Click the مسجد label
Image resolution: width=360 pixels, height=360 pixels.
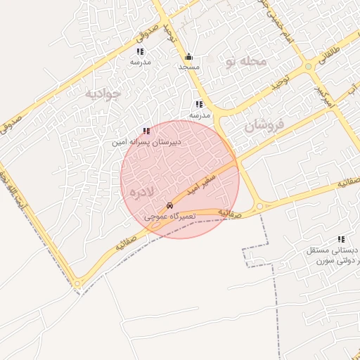point(188,67)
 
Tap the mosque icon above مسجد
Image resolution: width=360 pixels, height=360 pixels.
point(188,57)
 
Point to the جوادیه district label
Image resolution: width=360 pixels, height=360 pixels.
point(103,93)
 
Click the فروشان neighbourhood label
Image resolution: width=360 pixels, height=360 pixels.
point(264,127)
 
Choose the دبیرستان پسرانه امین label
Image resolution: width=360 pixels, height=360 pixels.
point(146,141)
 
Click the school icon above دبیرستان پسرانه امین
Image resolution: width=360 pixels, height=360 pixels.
point(146,131)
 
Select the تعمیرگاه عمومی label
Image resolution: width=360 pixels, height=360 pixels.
point(168,217)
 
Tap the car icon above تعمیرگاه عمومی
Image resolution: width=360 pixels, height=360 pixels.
point(169,206)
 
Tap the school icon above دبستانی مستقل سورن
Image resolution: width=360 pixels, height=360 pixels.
point(340,239)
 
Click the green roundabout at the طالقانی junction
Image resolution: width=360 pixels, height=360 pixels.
point(308,67)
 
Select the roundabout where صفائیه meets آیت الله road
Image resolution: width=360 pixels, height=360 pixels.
point(78,283)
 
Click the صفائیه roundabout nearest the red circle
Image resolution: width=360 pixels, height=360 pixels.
point(259,206)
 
